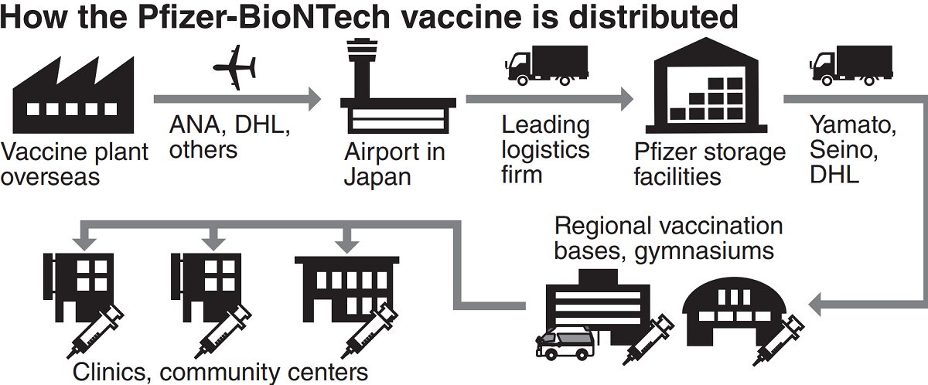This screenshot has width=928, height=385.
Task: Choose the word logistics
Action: (546, 149)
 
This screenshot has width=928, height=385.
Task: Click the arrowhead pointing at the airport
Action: (313, 99)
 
